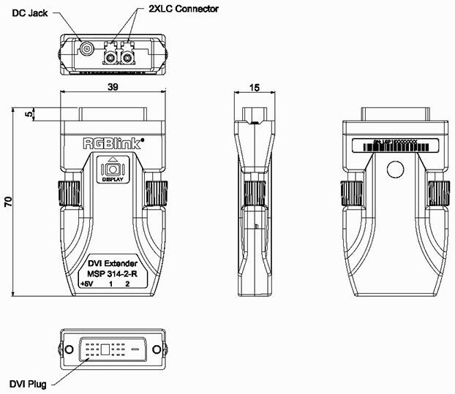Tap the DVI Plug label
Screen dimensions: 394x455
pyautogui.click(x=26, y=383)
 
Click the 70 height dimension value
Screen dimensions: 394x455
pyautogui.click(x=7, y=202)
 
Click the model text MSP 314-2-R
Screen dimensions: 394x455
pyautogui.click(x=112, y=273)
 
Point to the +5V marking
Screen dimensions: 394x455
pyautogui.click(x=86, y=284)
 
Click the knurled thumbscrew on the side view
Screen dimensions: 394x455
pyautogui.click(x=254, y=194)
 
